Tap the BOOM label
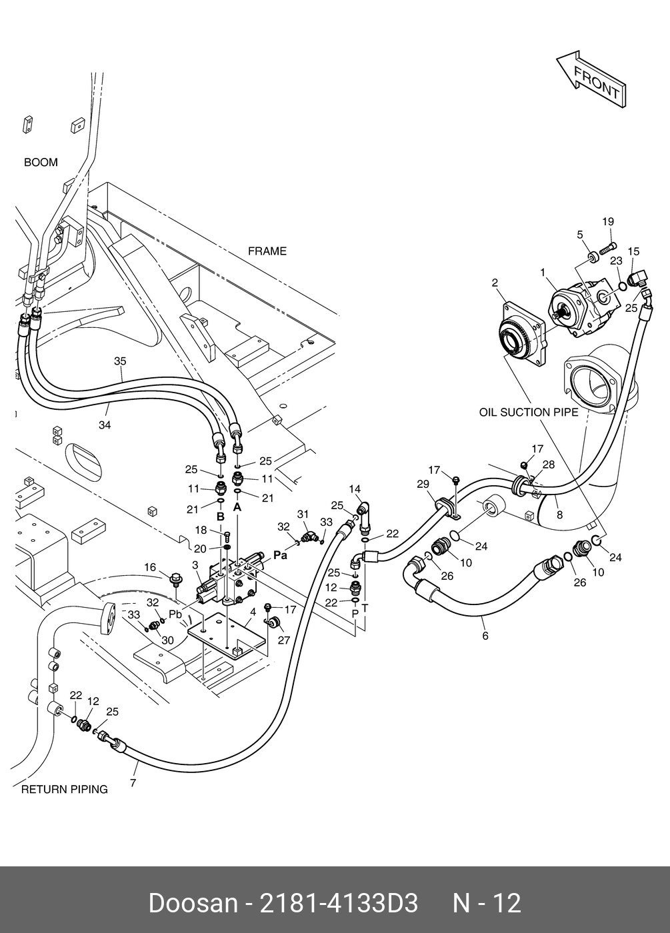[x=41, y=163]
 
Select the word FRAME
[x=267, y=251]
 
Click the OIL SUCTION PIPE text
[x=529, y=413]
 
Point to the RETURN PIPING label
[x=64, y=790]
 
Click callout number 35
[x=120, y=361]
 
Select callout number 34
[x=105, y=425]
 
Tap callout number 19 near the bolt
[x=607, y=222]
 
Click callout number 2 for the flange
[x=495, y=283]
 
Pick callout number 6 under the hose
[x=485, y=636]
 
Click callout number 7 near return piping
[x=133, y=783]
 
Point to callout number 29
[x=423, y=484]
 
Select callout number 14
[x=355, y=489]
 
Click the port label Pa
[x=280, y=555]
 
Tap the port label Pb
[x=175, y=614]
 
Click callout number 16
[x=151, y=567]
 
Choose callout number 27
[x=285, y=640]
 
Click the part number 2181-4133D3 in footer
[x=339, y=904]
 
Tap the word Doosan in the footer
[x=193, y=904]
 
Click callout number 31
[x=303, y=514]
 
